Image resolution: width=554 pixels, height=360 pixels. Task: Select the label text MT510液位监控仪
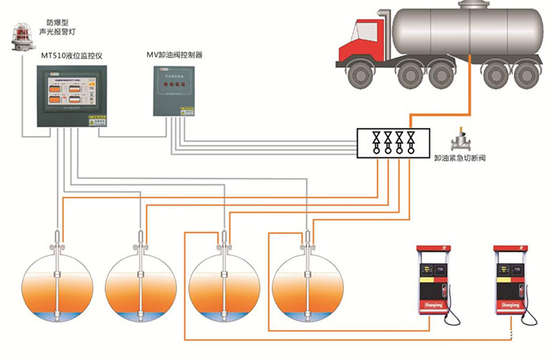tap(72, 56)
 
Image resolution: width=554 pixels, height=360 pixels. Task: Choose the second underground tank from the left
tap(141, 288)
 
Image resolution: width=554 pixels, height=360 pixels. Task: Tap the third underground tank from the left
tap(223, 288)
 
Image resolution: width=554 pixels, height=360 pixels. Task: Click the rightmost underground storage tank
tap(306, 288)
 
